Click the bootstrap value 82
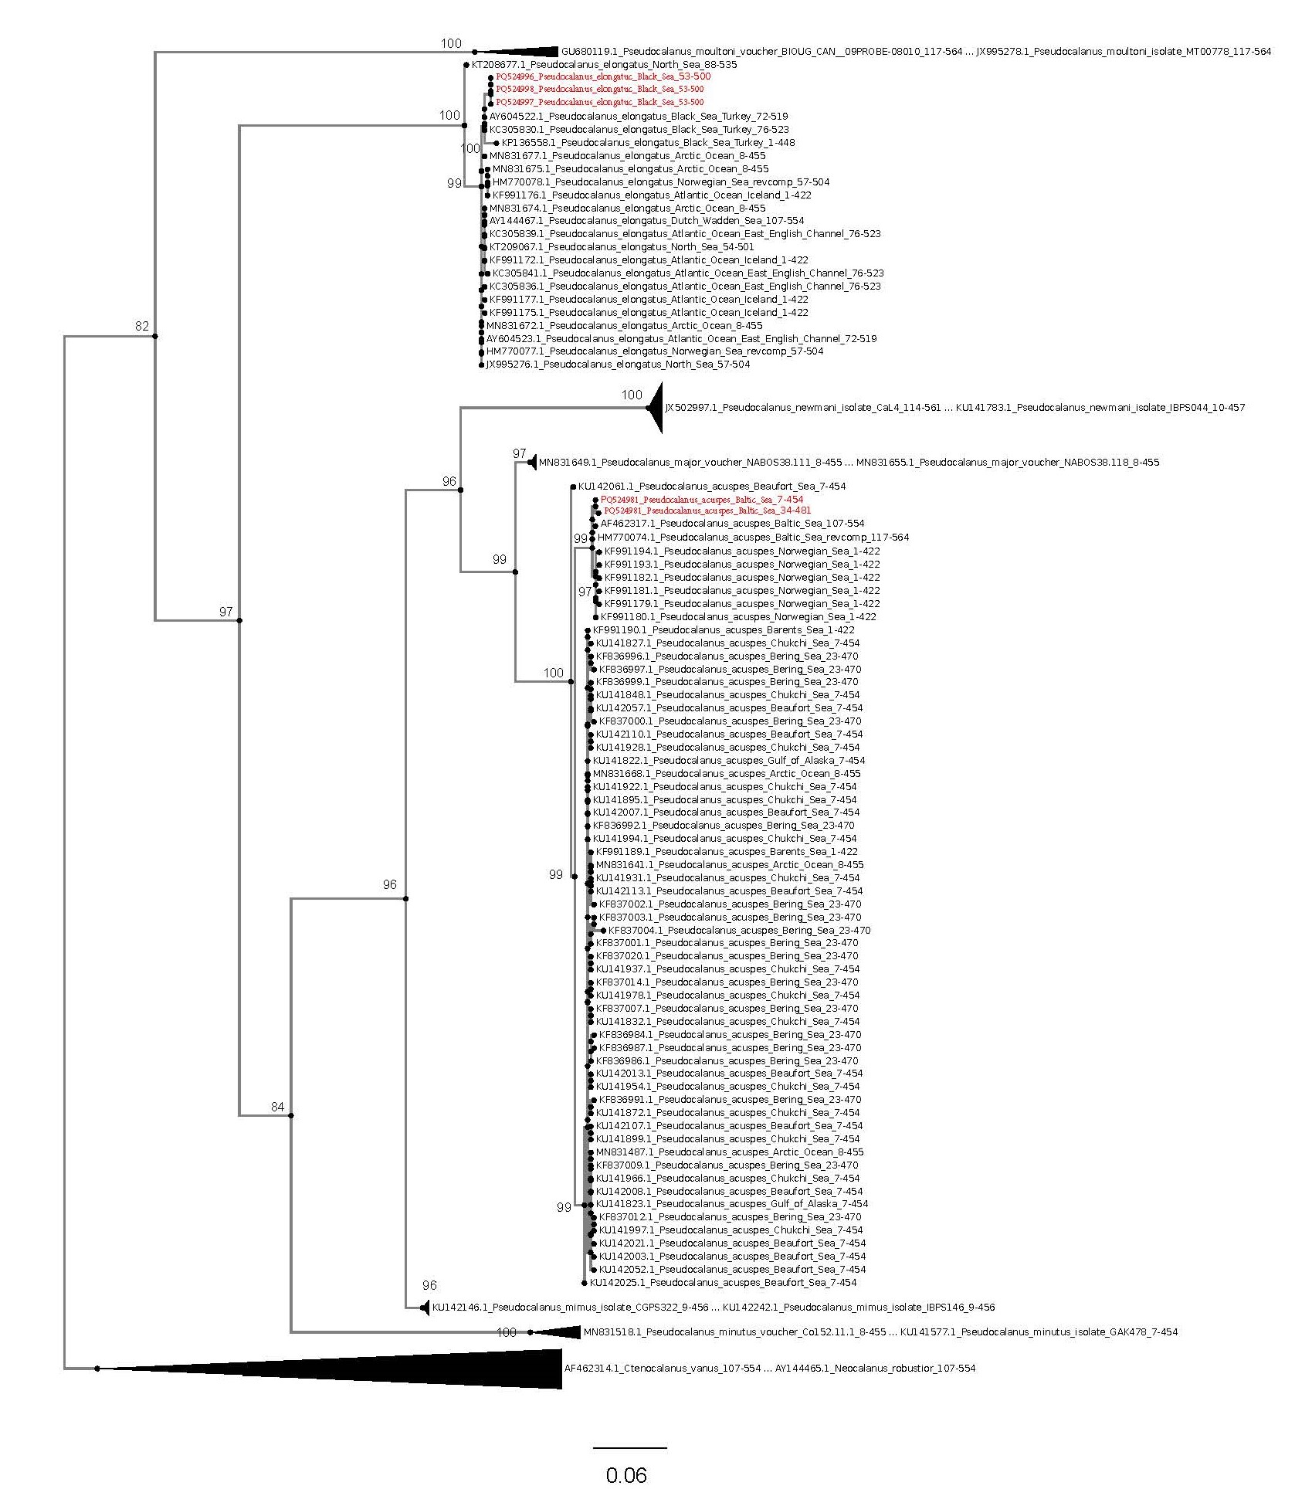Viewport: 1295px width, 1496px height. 141,326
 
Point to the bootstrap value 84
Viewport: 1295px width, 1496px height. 277,1107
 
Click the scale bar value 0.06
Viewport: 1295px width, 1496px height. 625,1475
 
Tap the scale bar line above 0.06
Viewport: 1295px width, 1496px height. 629,1447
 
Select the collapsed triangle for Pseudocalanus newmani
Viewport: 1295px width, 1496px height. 656,407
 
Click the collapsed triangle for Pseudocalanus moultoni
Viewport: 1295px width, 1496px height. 525,52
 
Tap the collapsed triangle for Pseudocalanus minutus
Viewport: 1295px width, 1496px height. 560,1332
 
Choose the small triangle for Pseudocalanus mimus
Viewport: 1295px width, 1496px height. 424,1308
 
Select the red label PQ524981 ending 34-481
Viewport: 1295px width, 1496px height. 707,511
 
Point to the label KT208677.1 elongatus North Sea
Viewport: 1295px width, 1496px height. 604,65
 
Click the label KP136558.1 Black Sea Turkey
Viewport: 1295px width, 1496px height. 648,143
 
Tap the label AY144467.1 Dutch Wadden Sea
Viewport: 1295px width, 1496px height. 646,221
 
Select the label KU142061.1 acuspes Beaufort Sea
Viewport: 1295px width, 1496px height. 711,487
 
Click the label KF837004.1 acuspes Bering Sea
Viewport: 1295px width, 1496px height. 739,931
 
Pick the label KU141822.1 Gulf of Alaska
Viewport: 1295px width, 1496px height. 728,761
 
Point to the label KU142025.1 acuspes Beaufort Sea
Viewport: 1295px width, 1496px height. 723,1282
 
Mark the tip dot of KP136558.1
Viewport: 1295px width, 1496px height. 496,143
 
